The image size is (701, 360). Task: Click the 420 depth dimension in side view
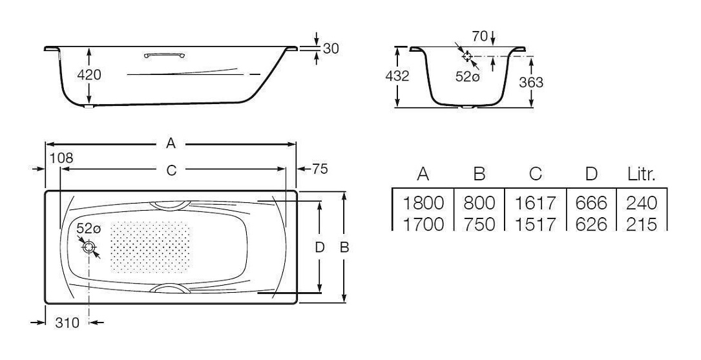tap(89, 75)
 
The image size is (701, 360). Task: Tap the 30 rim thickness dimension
tap(330, 48)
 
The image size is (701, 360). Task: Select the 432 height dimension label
tap(397, 76)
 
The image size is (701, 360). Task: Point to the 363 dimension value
tap(531, 82)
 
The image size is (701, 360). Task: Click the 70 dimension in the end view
tap(479, 36)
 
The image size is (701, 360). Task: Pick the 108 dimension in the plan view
tap(61, 158)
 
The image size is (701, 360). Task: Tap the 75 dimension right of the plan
tap(320, 169)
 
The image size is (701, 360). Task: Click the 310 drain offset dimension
tap(67, 323)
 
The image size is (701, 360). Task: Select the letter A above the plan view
tap(171, 143)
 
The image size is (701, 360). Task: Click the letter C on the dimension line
tap(172, 170)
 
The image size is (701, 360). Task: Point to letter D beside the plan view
tap(319, 248)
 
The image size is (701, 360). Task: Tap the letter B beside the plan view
tap(344, 248)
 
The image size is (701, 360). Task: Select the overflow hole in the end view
tap(467, 56)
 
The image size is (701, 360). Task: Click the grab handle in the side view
tap(164, 55)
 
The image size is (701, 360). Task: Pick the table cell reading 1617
tap(535, 204)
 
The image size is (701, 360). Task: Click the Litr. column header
tap(642, 174)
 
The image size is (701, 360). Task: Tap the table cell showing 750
tap(479, 224)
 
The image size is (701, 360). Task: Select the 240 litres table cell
tap(642, 204)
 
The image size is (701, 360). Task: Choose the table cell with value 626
tap(591, 224)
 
